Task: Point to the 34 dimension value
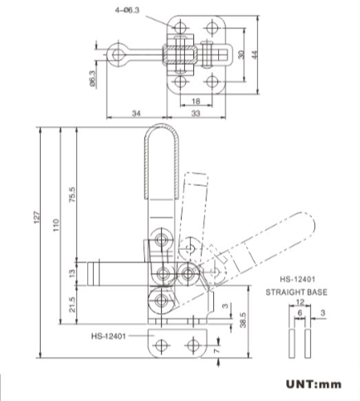(x=138, y=114)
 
